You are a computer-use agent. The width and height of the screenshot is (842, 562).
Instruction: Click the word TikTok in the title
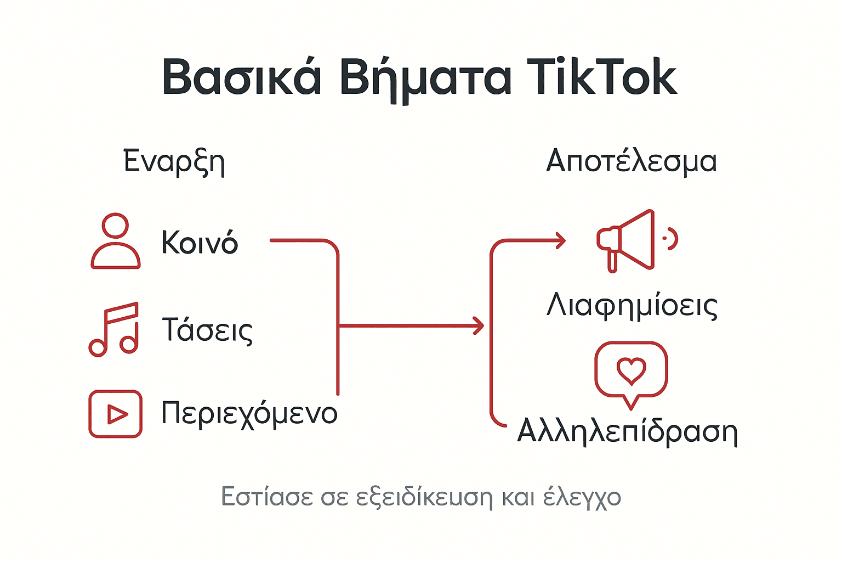[601, 78]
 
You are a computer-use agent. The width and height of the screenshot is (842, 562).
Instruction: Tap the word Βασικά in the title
[241, 78]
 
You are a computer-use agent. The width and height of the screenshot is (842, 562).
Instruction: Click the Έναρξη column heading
[174, 162]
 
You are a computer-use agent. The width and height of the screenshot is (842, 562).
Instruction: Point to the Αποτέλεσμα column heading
[631, 162]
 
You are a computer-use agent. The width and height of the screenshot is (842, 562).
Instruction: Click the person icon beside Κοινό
[115, 241]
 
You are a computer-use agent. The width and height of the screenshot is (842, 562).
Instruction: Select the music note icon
[114, 329]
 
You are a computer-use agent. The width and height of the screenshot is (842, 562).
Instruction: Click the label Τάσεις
[207, 330]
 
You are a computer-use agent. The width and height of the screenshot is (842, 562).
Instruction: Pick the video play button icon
[115, 414]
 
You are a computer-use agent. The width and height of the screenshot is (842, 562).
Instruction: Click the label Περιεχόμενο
[249, 414]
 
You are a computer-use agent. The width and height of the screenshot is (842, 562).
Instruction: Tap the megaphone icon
[630, 240]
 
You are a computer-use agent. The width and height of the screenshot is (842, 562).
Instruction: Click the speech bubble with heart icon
[631, 373]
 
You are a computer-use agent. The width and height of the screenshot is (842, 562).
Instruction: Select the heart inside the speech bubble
[631, 370]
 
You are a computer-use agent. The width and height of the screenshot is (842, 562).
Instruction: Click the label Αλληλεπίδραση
[627, 432]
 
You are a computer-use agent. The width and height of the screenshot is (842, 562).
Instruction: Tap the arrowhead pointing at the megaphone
[560, 240]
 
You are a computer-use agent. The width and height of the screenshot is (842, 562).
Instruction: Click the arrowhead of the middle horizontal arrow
[479, 326]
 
